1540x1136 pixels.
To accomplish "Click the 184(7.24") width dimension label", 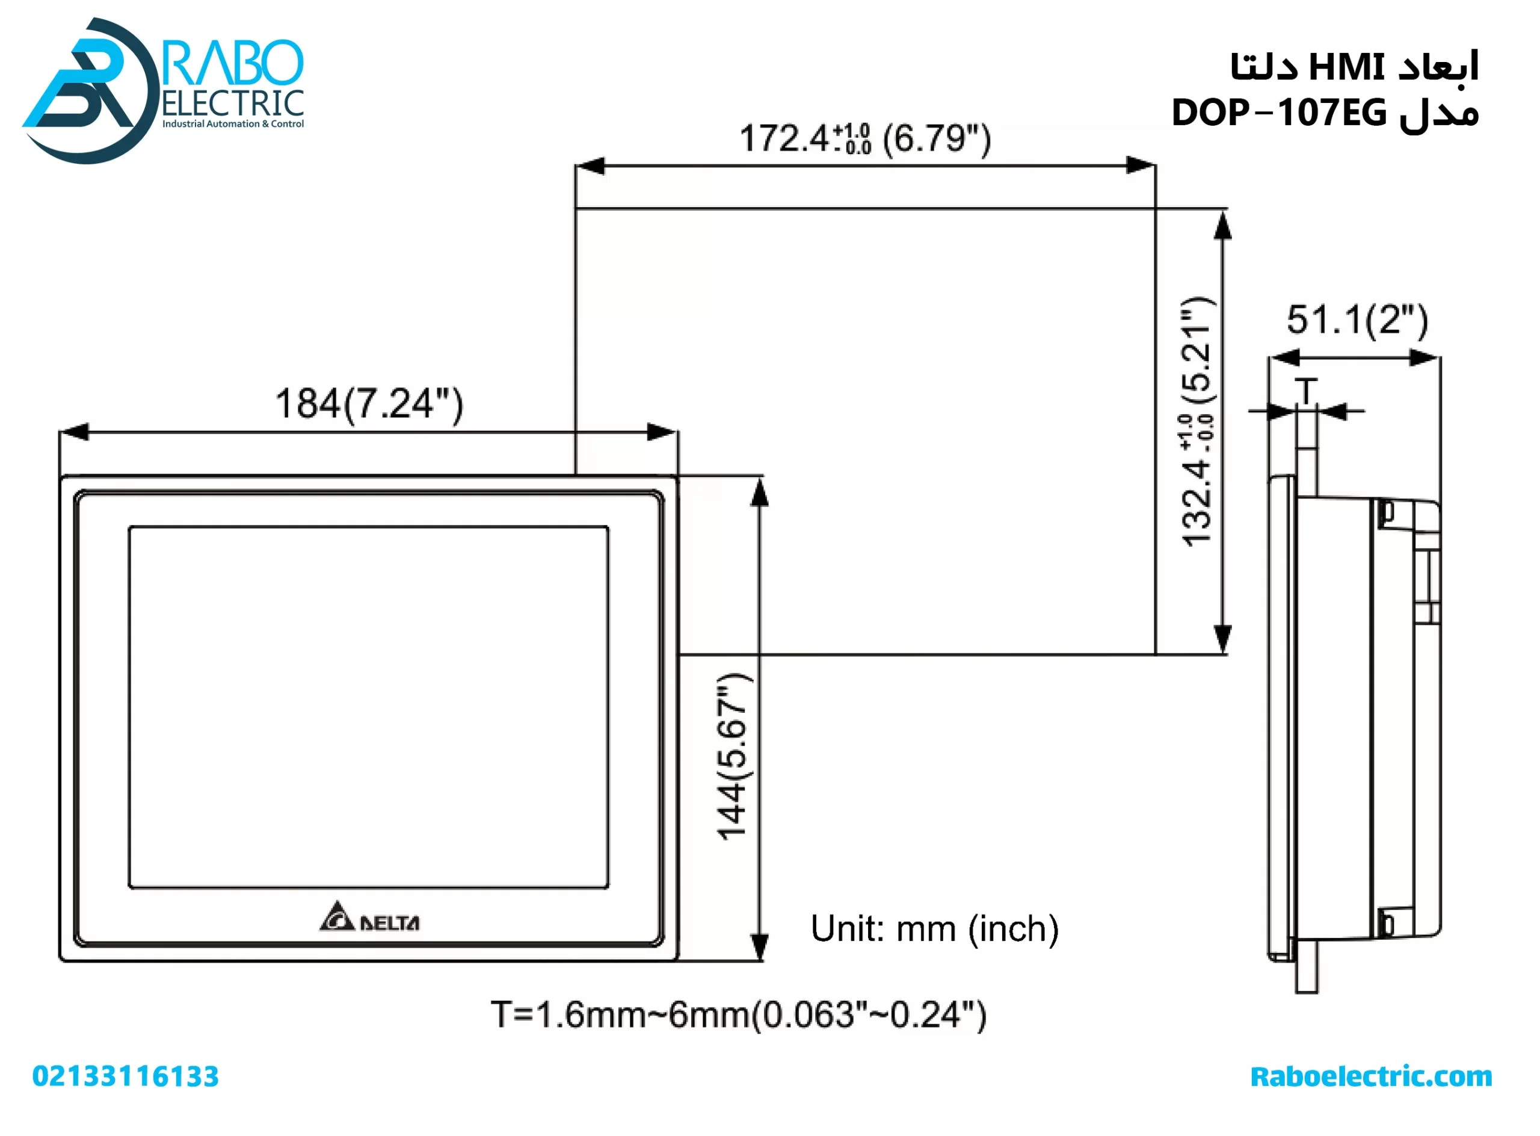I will [x=369, y=404].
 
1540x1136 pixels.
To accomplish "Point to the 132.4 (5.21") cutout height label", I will [x=1197, y=421].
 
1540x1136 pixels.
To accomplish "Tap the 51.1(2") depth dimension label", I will [x=1357, y=320].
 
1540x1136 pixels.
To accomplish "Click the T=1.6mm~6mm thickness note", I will [x=738, y=1015].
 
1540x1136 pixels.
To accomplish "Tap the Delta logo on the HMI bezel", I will [x=369, y=918].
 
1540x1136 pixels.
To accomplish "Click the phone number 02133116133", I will [x=125, y=1077].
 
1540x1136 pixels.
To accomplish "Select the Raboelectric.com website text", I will [x=1370, y=1077].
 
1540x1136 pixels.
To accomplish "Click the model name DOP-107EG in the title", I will [x=1278, y=113].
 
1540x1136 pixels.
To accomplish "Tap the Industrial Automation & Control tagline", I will [x=233, y=124].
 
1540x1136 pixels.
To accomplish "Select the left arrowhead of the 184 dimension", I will [x=73, y=432].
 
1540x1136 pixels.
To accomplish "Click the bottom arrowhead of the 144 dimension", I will [x=759, y=947].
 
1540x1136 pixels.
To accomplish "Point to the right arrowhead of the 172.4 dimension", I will [x=1141, y=166].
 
